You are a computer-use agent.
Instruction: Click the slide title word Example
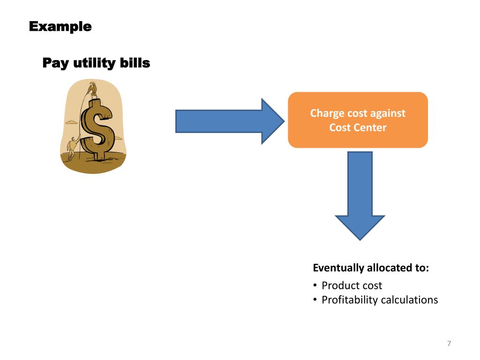click(60, 27)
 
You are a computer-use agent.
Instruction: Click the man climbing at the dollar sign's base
click(73, 148)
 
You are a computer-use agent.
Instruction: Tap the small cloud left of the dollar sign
click(71, 122)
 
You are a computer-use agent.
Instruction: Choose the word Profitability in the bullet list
click(350, 300)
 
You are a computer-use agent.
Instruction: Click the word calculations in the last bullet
click(409, 300)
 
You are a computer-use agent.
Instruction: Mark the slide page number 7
click(449, 344)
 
